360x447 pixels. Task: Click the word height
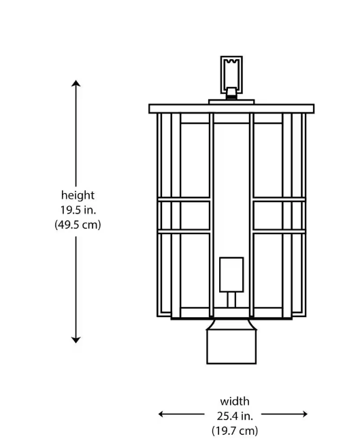[x=78, y=195]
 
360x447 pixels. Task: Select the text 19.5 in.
[x=78, y=210]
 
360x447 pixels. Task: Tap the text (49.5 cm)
[x=78, y=225]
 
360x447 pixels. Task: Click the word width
[x=234, y=401]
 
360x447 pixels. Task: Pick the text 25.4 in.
[x=234, y=415]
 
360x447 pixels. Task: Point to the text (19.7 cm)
[x=234, y=430]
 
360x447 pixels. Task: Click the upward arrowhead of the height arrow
[x=76, y=83]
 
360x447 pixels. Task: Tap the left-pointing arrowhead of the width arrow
[x=162, y=414]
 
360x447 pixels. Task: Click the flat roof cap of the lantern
[x=231, y=109]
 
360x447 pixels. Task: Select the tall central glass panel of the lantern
[x=231, y=184]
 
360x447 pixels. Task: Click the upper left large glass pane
[x=195, y=161]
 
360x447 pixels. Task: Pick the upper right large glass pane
[x=268, y=161]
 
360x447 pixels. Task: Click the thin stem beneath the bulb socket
[x=231, y=299]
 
